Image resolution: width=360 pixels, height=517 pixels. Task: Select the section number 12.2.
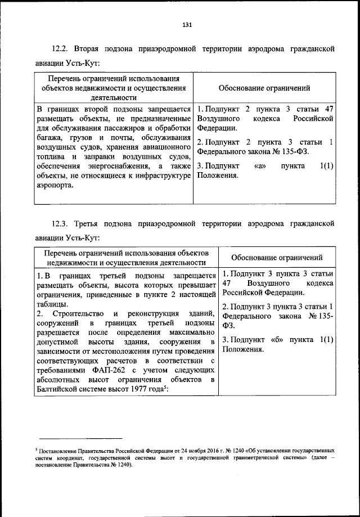click(61, 49)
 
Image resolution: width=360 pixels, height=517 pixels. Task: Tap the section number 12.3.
click(61, 224)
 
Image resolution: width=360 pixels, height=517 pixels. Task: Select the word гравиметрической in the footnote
click(264, 458)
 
